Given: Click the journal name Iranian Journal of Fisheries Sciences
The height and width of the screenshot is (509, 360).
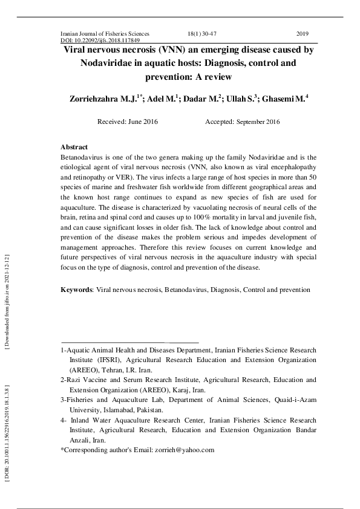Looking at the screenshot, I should point(105,34).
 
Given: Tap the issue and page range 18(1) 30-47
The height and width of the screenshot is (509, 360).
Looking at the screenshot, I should point(208,34).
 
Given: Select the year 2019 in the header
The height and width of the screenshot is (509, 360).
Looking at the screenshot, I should point(303,34).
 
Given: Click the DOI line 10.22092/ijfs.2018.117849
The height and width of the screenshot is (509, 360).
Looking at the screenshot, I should point(105,41).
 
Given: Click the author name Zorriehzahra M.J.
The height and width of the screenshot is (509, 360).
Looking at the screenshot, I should point(108,98).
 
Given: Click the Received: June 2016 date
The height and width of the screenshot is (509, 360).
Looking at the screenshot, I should point(128,122).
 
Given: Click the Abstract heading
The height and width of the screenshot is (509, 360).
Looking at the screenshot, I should point(74,148).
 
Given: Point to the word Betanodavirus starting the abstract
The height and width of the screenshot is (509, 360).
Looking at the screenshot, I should point(82,157).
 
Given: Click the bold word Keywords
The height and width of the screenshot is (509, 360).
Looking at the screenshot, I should point(76,290).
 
